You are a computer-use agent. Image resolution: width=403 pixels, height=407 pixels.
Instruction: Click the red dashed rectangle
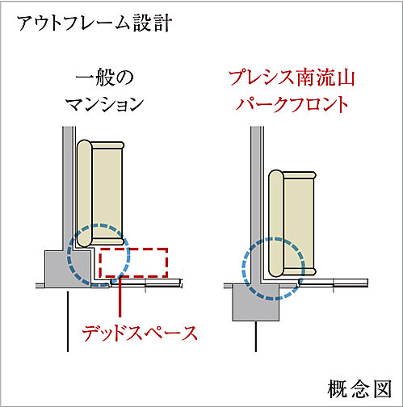(x=132, y=262)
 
